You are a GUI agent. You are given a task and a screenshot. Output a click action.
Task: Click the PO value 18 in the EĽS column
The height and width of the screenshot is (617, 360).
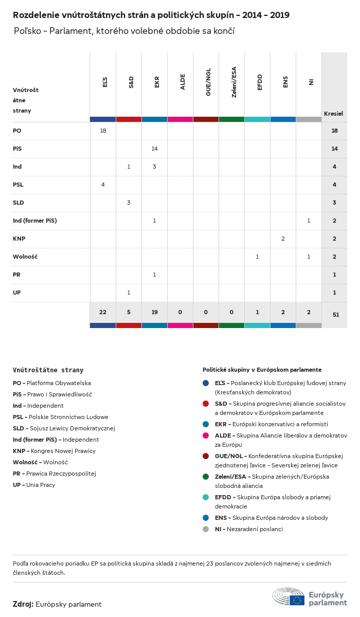click(103, 131)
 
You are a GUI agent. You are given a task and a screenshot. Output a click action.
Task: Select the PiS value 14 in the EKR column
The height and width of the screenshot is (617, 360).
click(154, 149)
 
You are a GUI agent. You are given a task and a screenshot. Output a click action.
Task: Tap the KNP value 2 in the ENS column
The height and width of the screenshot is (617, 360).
click(283, 239)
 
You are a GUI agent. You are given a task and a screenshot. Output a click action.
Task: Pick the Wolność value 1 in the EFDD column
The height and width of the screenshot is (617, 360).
click(257, 257)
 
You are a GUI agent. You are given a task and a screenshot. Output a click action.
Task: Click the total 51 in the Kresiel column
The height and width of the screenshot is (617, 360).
click(335, 315)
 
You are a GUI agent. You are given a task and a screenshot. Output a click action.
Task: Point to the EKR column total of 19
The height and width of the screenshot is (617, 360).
click(154, 312)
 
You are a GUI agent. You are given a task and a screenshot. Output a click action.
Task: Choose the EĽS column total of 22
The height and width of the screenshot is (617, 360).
click(103, 312)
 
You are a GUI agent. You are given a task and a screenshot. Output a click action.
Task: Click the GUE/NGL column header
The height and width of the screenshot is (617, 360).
click(208, 85)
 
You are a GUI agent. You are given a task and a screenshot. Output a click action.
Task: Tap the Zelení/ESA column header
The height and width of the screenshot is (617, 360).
click(234, 82)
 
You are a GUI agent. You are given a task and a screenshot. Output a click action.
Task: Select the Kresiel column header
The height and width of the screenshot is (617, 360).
click(333, 113)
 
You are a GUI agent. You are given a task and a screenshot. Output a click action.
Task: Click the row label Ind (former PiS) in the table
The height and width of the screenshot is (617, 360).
click(35, 221)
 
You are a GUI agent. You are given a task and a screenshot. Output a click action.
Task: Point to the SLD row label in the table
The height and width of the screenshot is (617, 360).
click(19, 203)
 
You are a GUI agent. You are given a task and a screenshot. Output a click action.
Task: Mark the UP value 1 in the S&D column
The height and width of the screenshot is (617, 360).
click(129, 293)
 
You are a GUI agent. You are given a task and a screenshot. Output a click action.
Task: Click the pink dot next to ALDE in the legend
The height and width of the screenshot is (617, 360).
click(206, 435)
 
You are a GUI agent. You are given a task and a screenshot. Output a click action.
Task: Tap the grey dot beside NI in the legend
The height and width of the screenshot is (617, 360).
click(206, 529)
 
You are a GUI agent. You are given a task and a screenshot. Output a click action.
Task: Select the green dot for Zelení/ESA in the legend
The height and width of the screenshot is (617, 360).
click(206, 477)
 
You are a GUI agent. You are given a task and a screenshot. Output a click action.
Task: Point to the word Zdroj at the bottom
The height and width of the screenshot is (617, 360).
click(23, 604)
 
